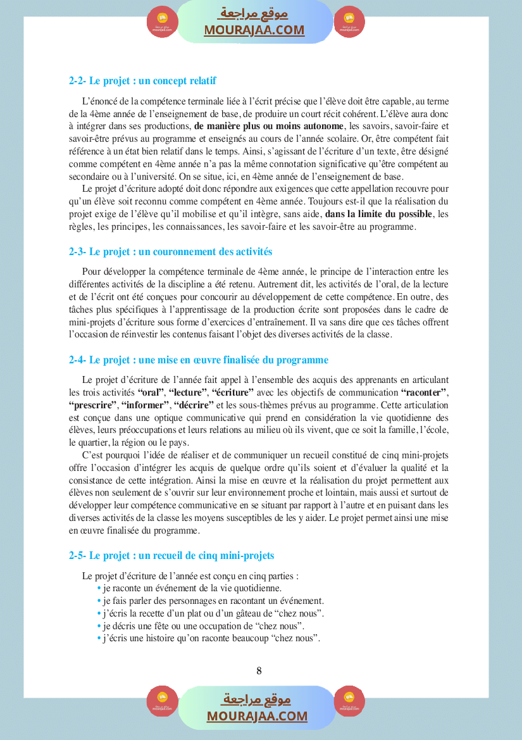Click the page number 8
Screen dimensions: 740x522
(x=259, y=671)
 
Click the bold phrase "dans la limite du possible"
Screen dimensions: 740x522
(x=379, y=214)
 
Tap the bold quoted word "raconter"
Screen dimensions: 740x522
(x=424, y=392)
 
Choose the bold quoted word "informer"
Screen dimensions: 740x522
(x=145, y=405)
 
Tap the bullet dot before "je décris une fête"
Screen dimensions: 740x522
(x=99, y=626)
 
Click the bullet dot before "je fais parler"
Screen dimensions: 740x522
(x=99, y=601)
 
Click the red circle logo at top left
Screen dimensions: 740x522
(x=163, y=23)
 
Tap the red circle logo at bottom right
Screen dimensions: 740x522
(x=349, y=701)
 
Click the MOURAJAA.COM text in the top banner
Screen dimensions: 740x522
(x=254, y=30)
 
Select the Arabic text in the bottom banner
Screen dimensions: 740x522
(x=257, y=699)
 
